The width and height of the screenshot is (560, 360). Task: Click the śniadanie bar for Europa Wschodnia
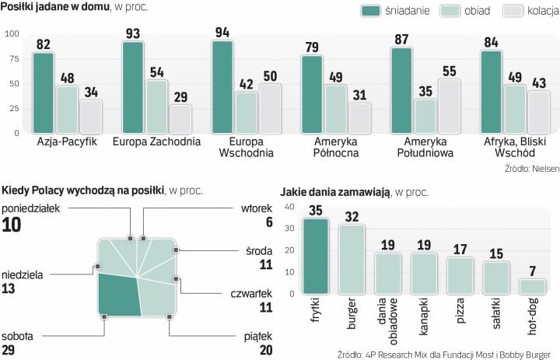point(223,87)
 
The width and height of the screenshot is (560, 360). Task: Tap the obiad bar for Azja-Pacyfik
point(67,110)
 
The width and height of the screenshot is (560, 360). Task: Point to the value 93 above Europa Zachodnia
point(133,33)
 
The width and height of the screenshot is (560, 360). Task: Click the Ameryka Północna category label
point(335,148)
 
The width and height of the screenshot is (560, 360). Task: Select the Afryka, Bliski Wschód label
point(513,148)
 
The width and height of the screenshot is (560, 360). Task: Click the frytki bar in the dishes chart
point(316,256)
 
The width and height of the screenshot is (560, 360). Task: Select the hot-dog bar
point(532,286)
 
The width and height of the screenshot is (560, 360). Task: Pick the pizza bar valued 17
point(460,275)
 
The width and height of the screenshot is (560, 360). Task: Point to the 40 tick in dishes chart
point(289,207)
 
